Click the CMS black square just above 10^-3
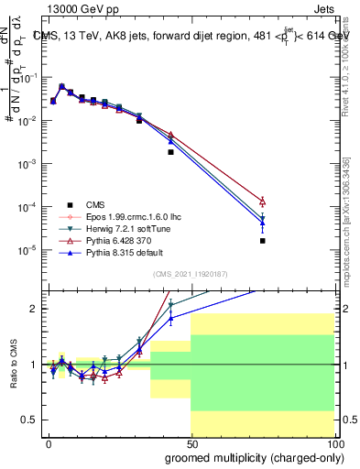pos(170,152)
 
